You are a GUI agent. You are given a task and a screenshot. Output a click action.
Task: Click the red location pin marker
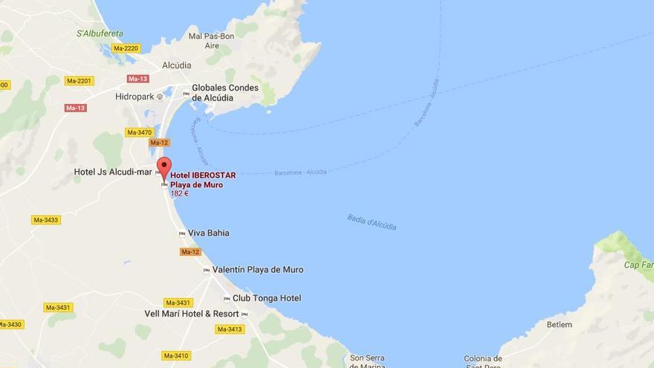coord(163,167)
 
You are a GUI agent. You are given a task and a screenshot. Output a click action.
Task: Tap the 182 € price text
coord(179,193)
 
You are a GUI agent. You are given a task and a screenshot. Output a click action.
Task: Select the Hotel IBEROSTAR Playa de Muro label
coord(203,180)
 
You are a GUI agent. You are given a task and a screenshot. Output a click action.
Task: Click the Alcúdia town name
coord(175,65)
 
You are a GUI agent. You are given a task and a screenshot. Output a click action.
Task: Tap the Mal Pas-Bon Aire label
coord(212,40)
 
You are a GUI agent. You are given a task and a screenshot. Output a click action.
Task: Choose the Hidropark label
coord(135,97)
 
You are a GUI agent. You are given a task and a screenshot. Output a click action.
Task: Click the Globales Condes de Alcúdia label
coord(224,92)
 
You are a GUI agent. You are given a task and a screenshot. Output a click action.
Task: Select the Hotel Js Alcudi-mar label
coord(112,172)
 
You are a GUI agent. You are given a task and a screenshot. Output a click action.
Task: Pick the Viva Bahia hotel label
coord(208,233)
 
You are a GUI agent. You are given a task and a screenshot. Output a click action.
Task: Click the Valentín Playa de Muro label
coord(258,270)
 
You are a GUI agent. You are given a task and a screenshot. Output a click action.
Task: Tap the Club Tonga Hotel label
coord(266,298)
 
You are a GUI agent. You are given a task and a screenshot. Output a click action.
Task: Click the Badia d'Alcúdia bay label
coord(372,222)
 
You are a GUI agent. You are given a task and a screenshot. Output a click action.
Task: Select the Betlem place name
coord(559,325)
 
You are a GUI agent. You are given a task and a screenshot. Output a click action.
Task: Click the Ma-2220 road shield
coord(126,48)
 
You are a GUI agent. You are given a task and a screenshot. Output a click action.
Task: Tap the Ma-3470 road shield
coord(139,132)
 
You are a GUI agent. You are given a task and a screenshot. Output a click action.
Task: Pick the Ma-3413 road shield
coord(230,329)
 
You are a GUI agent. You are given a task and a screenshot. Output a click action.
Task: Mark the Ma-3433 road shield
coord(46,220)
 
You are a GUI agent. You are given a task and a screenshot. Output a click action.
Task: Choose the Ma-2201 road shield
coord(79,81)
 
